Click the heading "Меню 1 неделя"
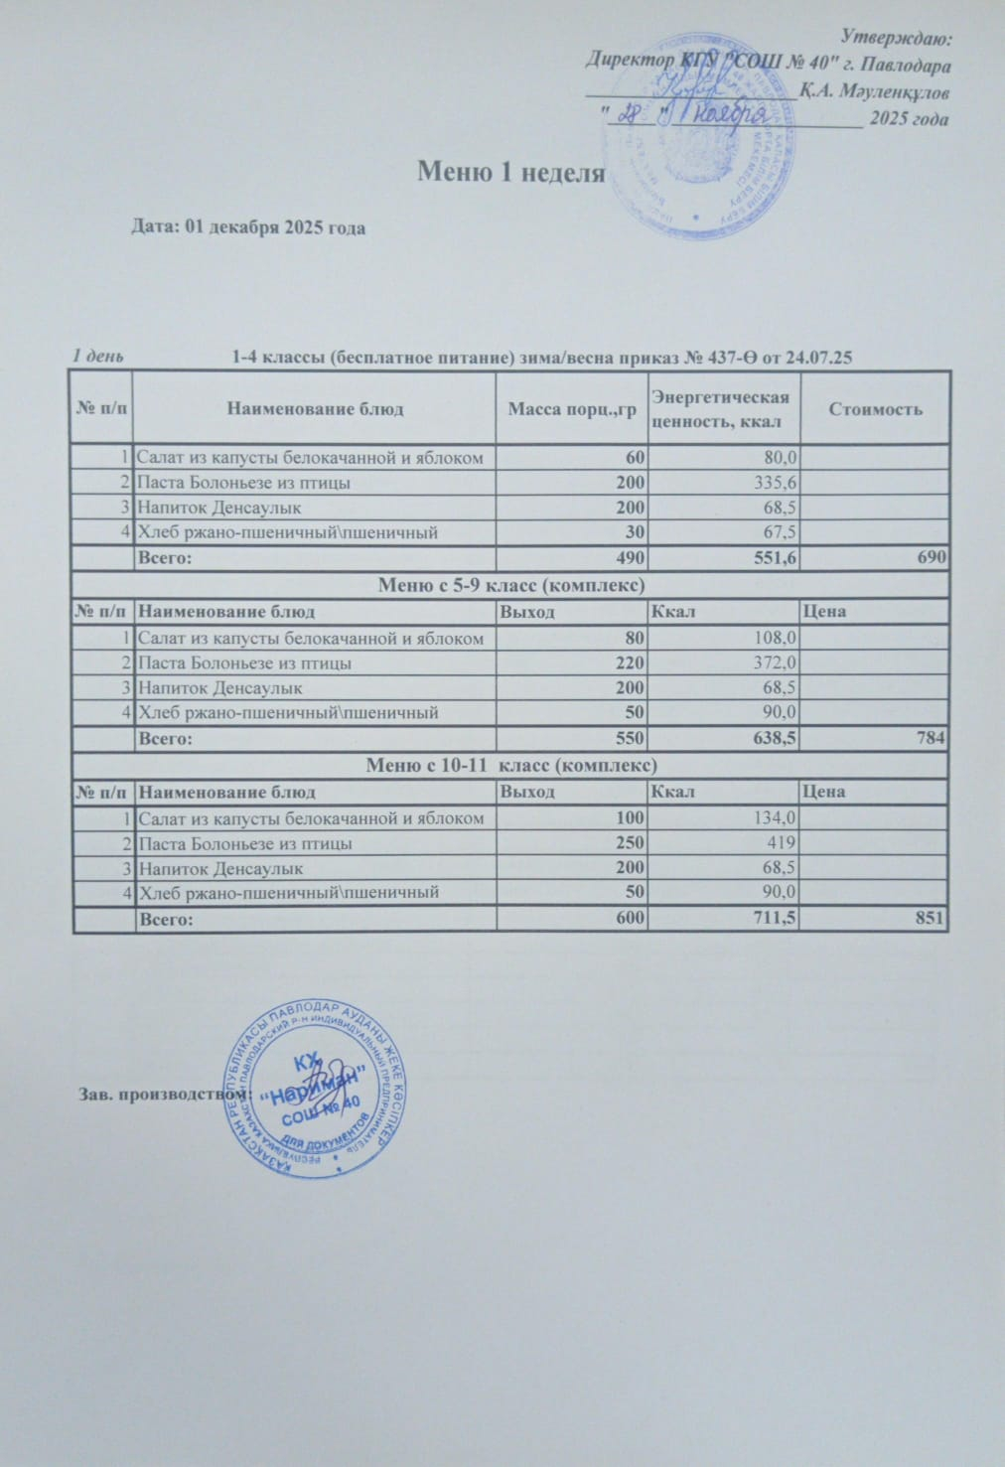coord(510,172)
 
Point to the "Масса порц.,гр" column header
coord(571,408)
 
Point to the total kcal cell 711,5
coord(776,920)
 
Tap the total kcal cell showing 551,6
coord(776,558)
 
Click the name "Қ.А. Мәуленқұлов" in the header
coord(875,92)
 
